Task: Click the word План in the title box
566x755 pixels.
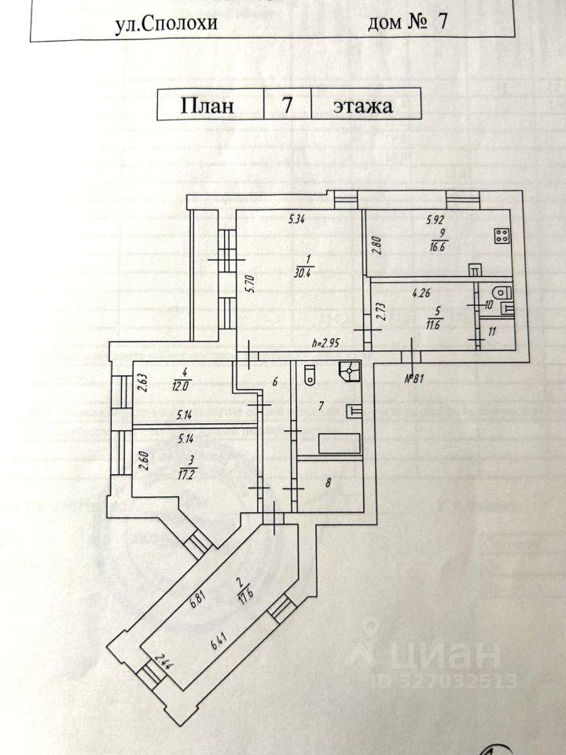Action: (x=208, y=105)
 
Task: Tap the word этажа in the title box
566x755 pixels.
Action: (x=362, y=105)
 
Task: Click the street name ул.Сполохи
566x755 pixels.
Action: (x=165, y=23)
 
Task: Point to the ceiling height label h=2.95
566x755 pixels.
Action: (x=325, y=344)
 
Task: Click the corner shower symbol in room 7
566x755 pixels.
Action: (x=350, y=372)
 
